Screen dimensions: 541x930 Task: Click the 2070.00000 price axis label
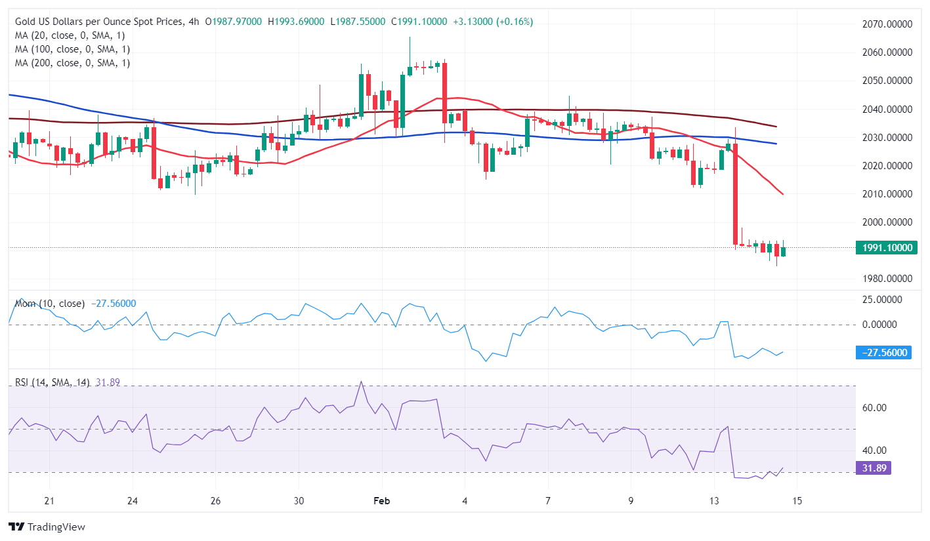tap(887, 24)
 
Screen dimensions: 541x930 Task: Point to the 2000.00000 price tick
tap(887, 222)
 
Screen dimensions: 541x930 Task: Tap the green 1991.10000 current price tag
tap(887, 247)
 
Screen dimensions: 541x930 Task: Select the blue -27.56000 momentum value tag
tap(884, 353)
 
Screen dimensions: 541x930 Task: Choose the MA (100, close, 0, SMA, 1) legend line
tap(72, 49)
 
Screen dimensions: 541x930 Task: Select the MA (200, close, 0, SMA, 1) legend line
tap(72, 63)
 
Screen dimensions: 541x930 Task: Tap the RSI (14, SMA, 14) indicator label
tap(53, 382)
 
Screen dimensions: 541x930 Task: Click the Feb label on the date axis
tap(381, 501)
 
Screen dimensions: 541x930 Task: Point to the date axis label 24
tap(133, 501)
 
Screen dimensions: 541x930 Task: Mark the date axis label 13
tap(714, 501)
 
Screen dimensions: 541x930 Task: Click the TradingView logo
tap(47, 527)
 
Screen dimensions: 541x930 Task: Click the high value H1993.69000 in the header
tap(296, 22)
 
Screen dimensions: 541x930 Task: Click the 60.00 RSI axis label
tap(876, 407)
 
